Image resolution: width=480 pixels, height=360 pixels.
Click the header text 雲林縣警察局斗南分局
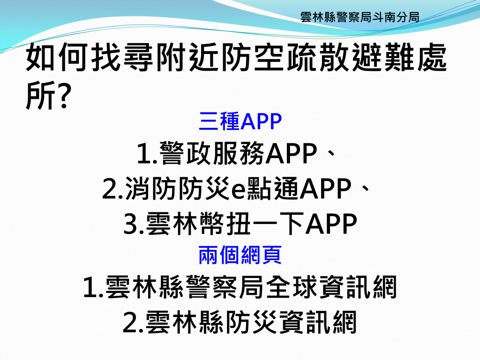pyautogui.click(x=360, y=17)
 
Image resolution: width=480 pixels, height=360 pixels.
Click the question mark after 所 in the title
pyautogui.click(x=64, y=95)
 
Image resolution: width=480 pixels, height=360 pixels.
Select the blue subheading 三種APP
pyautogui.click(x=240, y=121)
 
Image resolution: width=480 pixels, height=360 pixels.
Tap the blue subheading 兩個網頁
pyautogui.click(x=240, y=255)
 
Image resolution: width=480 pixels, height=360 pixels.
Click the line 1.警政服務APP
pyautogui.click(x=227, y=153)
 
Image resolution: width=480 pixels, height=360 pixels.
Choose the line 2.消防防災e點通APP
pyautogui.click(x=227, y=188)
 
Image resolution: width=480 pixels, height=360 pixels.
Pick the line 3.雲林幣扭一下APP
pyautogui.click(x=240, y=224)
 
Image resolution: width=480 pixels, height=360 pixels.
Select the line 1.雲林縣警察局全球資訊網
pyautogui.click(x=240, y=287)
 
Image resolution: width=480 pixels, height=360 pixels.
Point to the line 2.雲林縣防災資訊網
pyautogui.click(x=240, y=322)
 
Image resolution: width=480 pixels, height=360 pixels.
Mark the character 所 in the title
pyautogui.click(x=40, y=95)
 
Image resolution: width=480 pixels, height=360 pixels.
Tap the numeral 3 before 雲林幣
pyautogui.click(x=130, y=224)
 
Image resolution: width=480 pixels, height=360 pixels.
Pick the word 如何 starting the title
pyautogui.click(x=58, y=57)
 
